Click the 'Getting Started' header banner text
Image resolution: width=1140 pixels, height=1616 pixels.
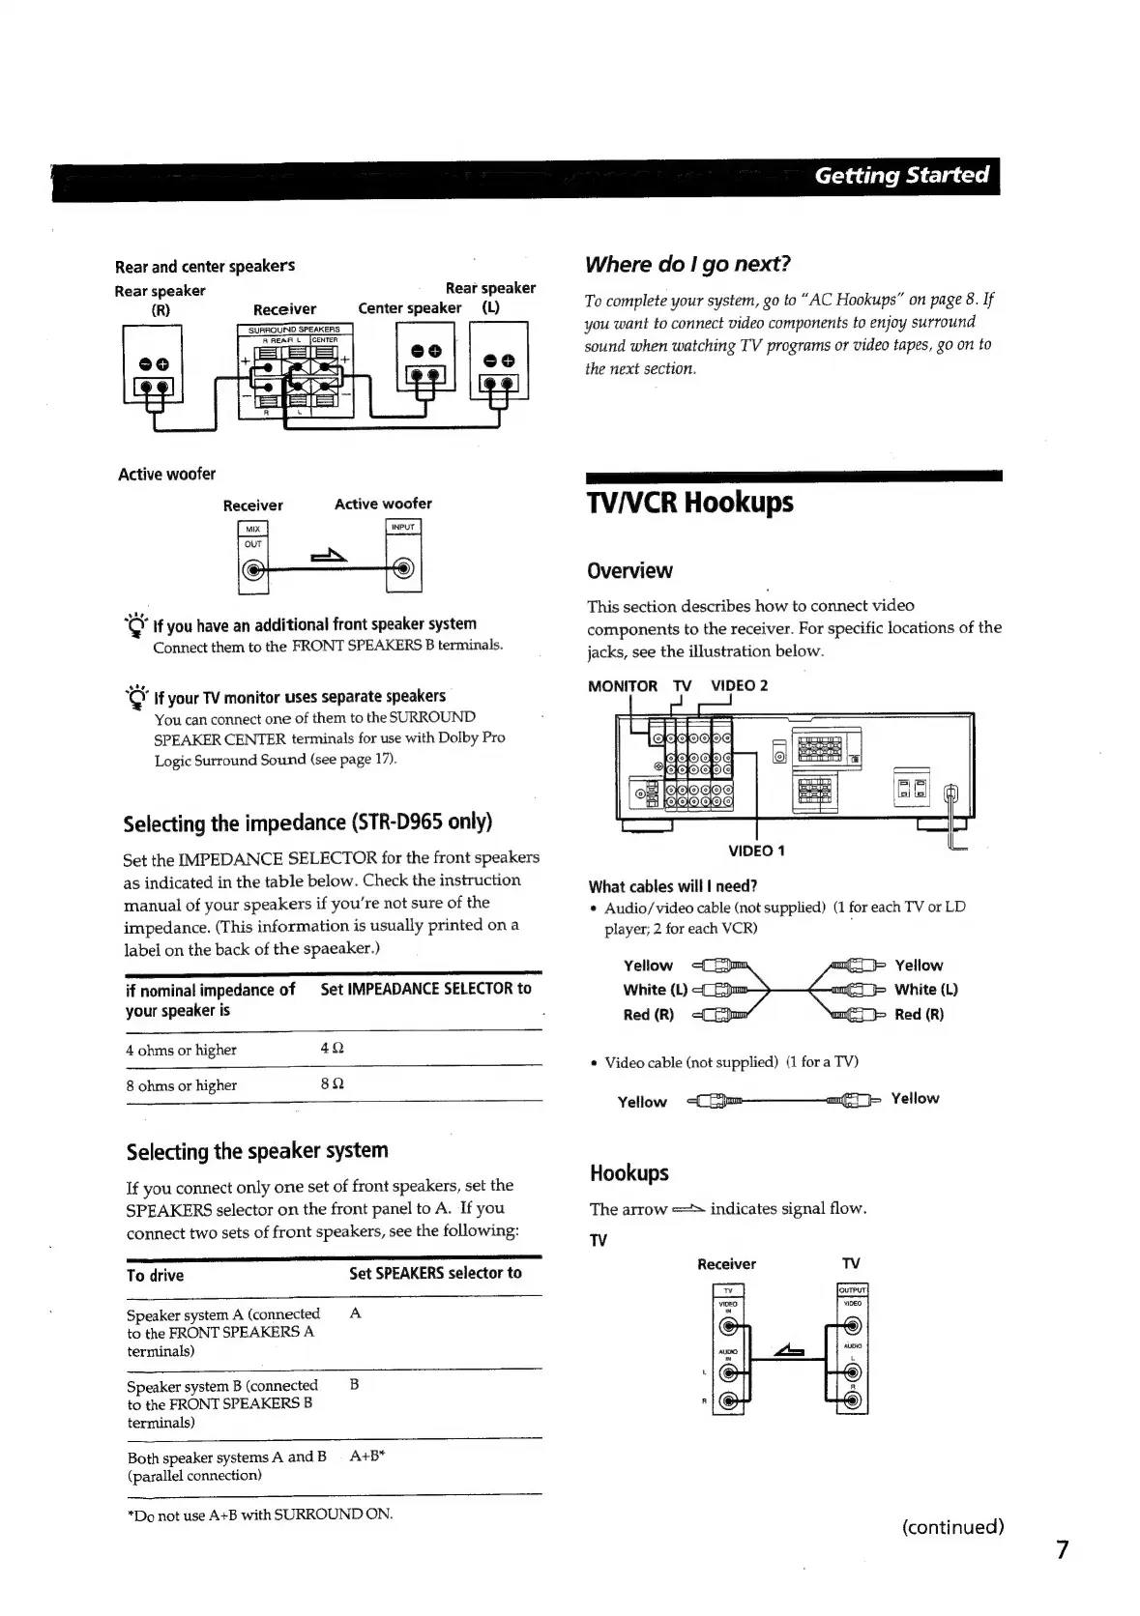pyautogui.click(x=901, y=176)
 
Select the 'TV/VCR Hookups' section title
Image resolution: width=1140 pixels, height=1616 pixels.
pyautogui.click(x=689, y=503)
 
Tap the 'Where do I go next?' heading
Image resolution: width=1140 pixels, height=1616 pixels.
pyautogui.click(x=687, y=264)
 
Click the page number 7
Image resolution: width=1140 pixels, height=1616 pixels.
pyautogui.click(x=1063, y=1549)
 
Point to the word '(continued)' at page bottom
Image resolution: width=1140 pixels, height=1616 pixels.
pyautogui.click(x=952, y=1527)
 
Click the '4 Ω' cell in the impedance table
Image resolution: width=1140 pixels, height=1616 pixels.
pyautogui.click(x=332, y=1049)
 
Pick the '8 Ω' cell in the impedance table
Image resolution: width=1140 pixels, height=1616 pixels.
pyautogui.click(x=332, y=1084)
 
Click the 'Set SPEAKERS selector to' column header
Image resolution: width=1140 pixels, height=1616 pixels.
pyautogui.click(x=435, y=1273)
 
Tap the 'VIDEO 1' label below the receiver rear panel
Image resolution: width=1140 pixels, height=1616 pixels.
pyautogui.click(x=756, y=851)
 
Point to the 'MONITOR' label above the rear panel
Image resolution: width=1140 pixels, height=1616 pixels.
pyautogui.click(x=622, y=686)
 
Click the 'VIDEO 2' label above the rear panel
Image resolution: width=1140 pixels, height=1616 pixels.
pyautogui.click(x=739, y=686)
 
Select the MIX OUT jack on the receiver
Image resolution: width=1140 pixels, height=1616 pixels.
pyautogui.click(x=252, y=570)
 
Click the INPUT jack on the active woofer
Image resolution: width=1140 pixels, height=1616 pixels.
pyautogui.click(x=403, y=568)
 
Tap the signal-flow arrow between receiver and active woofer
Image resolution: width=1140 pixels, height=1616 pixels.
pyautogui.click(x=325, y=557)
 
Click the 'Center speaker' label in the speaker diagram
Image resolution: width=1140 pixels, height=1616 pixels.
pyautogui.click(x=409, y=308)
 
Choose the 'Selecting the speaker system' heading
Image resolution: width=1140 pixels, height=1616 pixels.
pyautogui.click(x=257, y=1151)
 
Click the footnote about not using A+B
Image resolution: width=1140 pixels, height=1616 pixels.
pyautogui.click(x=260, y=1515)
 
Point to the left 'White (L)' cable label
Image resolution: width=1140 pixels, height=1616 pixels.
pyautogui.click(x=655, y=990)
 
